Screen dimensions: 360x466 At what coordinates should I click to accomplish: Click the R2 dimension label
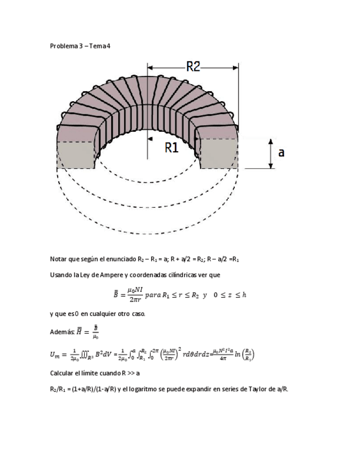click(193, 66)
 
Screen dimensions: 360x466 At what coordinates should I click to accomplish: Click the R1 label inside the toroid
click(171, 147)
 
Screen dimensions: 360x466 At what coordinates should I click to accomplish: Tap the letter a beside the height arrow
click(281, 152)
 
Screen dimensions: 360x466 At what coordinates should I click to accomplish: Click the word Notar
click(58, 258)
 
